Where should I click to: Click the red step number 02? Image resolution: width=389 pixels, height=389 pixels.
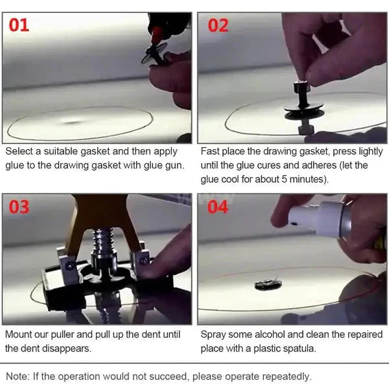click(219, 27)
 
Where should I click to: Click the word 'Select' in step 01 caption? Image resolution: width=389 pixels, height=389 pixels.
click(19, 151)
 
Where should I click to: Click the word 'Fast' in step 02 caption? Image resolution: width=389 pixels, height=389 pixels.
click(211, 151)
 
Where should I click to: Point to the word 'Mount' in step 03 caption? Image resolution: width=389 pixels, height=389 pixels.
click(19, 335)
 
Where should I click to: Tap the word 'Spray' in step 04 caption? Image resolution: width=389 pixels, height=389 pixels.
click(215, 335)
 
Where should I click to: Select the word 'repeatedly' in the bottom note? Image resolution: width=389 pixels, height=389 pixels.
click(284, 376)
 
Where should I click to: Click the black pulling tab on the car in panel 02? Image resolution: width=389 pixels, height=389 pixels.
click(300, 113)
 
